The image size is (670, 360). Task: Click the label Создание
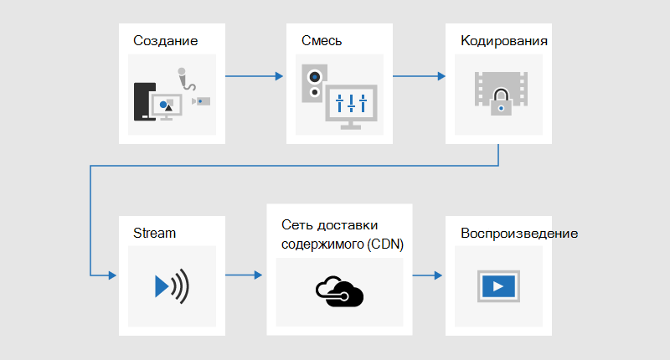coord(165,40)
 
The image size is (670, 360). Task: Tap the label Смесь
coord(322,40)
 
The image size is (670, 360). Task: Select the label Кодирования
coord(504,41)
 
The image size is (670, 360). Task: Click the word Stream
coord(154,234)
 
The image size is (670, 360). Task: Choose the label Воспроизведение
coord(519,234)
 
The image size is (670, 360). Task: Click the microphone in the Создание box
coord(186,79)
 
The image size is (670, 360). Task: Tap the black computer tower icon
coord(144,101)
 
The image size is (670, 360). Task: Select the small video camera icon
coord(201,101)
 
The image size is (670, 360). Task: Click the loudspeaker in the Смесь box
coord(315,83)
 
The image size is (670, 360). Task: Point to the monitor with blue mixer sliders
coord(351,107)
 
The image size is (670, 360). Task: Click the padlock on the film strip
coord(501,102)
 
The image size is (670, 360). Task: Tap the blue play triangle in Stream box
coord(162,286)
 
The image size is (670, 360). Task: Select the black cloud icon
coord(339,291)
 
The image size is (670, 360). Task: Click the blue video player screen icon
coord(498,286)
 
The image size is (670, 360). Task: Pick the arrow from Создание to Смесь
coord(255,76)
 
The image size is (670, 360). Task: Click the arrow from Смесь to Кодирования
coord(420,76)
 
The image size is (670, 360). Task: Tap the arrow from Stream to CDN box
coord(244,275)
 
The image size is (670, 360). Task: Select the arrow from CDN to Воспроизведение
coord(427,275)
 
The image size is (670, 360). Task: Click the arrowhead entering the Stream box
coord(113,275)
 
